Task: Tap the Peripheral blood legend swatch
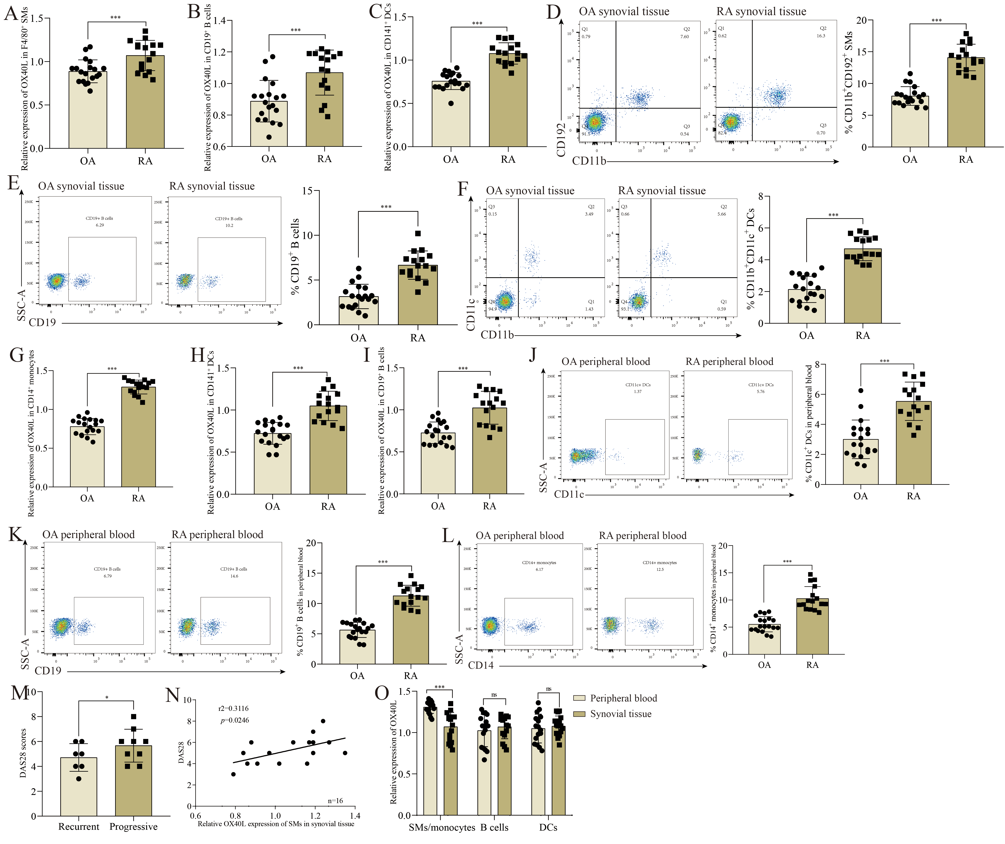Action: [579, 698]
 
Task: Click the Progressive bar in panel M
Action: [134, 785]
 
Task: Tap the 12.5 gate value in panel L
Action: [660, 569]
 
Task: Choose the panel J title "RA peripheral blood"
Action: [729, 362]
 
